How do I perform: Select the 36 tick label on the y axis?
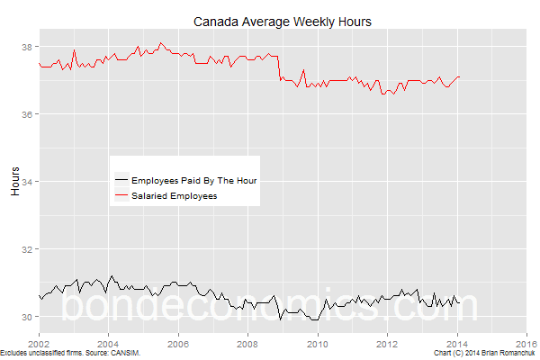coord(29,114)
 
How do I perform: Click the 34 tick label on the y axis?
coord(29,182)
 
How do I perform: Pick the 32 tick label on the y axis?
coord(29,249)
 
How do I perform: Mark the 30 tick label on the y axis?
coord(29,317)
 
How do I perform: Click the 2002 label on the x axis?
coord(39,343)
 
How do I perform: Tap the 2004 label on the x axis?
coord(108,343)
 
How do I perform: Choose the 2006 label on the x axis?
coord(178,343)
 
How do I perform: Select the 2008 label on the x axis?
coord(247,343)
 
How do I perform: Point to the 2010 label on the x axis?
coord(318,343)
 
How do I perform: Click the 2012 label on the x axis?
coord(387,343)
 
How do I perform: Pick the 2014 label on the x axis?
coord(457,343)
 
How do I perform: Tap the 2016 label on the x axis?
coord(526,343)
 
